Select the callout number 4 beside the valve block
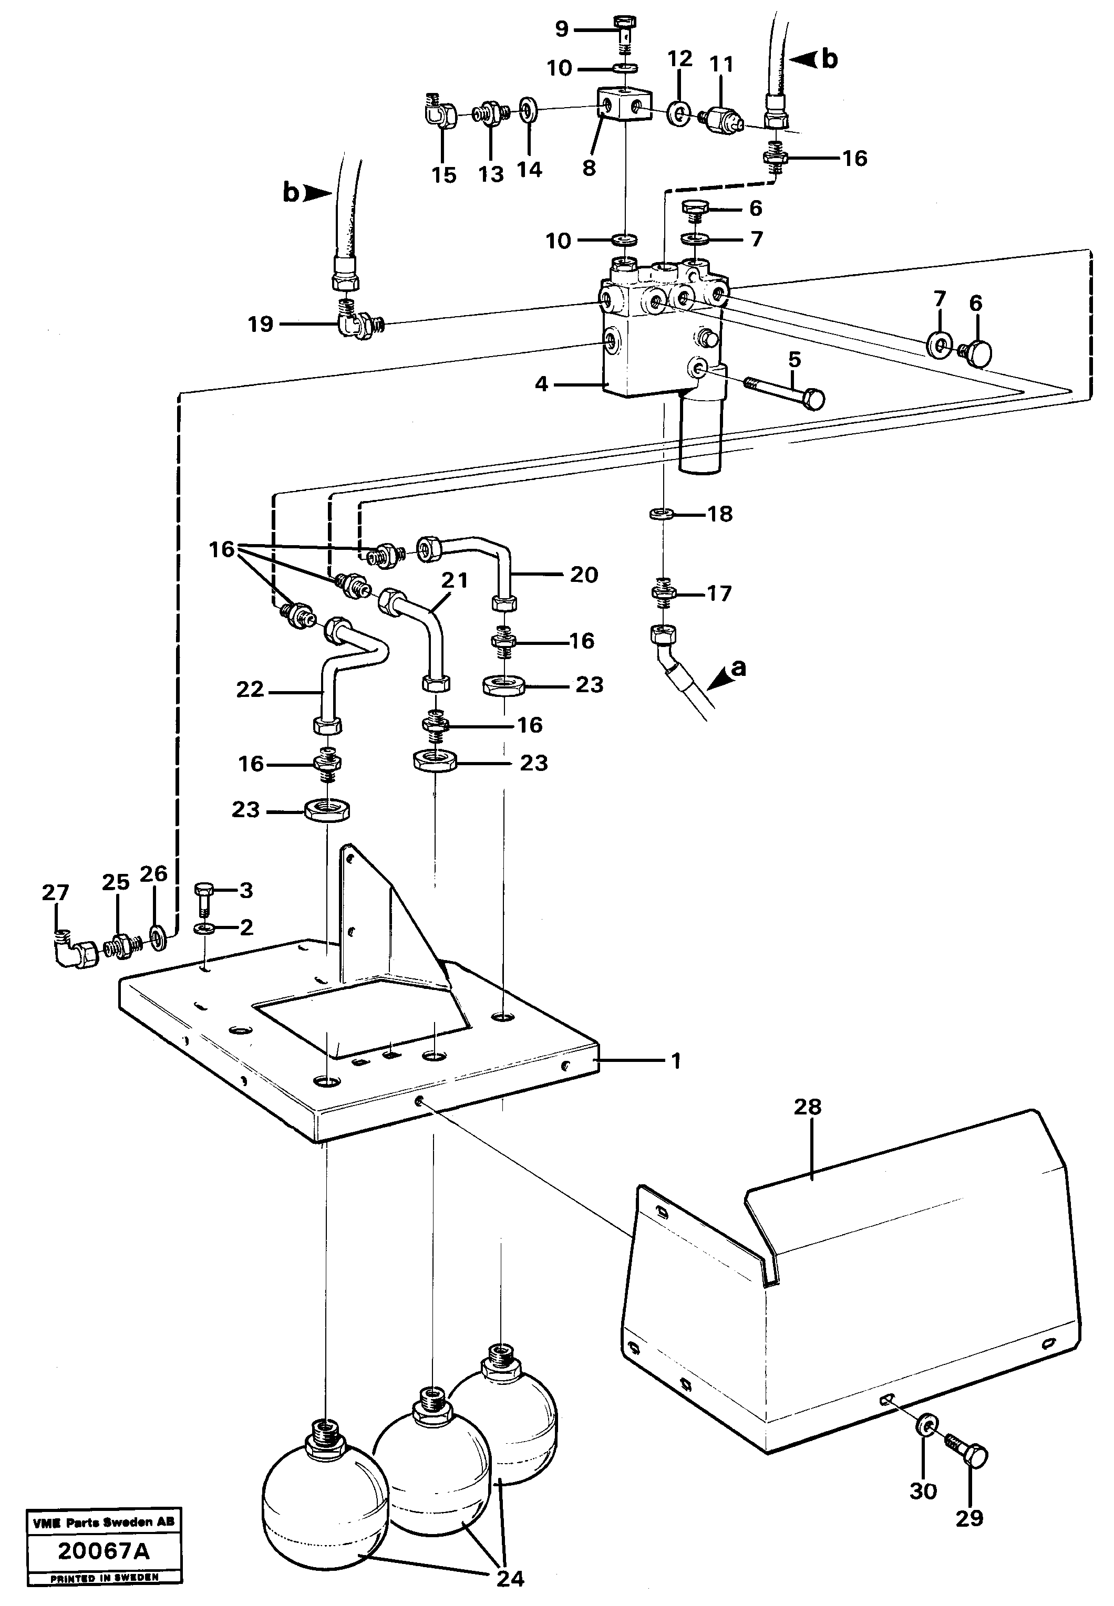[542, 384]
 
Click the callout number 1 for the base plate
[675, 1061]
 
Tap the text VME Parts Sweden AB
[104, 1521]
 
